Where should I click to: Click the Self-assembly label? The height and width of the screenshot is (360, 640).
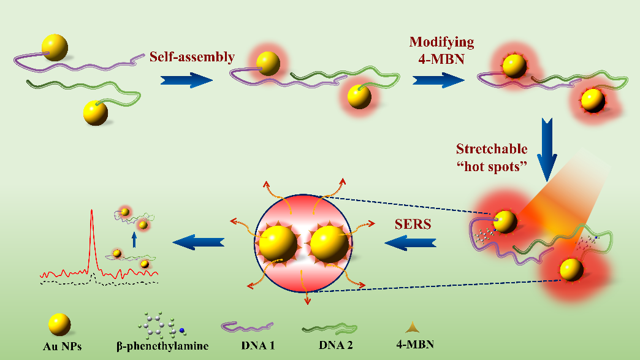pyautogui.click(x=192, y=57)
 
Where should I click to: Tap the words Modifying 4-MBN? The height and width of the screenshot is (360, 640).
pyautogui.click(x=442, y=50)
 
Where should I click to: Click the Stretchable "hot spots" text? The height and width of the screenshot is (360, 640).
pyautogui.click(x=492, y=158)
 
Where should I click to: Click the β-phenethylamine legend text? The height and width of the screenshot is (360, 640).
pyautogui.click(x=162, y=346)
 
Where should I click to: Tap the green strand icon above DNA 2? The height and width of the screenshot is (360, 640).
pyautogui.click(x=329, y=329)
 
